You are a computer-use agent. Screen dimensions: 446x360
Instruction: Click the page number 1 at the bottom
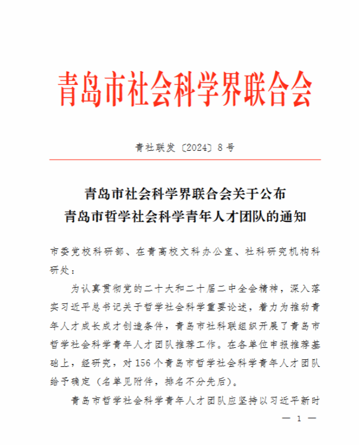298,419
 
